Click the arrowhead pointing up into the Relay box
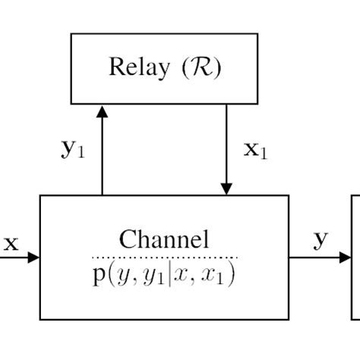103,112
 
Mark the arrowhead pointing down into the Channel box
226,188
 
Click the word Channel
164,241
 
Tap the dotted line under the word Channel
164,257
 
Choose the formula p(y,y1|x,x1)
164,273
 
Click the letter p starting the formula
99,274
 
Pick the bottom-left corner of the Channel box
39,319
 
